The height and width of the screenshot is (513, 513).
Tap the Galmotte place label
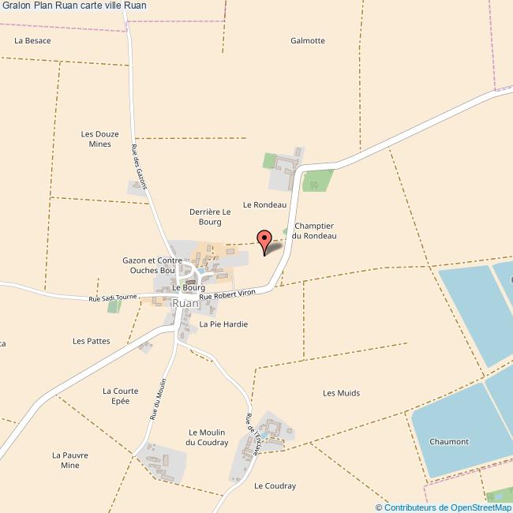click(307, 40)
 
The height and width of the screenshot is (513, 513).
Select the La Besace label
click(32, 39)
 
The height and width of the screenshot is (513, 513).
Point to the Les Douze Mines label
click(100, 139)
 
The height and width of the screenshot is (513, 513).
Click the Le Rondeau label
click(264, 204)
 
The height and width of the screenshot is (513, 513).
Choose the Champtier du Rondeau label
click(314, 230)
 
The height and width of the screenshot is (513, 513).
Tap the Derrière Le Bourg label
click(210, 217)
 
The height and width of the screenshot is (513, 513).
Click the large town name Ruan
click(185, 302)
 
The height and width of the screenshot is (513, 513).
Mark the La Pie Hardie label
click(223, 324)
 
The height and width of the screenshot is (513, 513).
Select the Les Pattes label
click(91, 341)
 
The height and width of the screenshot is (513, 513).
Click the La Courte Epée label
click(120, 395)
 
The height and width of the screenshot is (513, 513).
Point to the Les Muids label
click(341, 392)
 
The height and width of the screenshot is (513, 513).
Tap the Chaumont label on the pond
click(449, 441)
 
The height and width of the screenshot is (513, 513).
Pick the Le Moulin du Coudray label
click(207, 437)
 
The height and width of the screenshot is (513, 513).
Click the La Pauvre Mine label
click(70, 460)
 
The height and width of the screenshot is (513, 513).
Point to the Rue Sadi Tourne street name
click(113, 298)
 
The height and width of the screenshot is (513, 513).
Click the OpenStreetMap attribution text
click(443, 507)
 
